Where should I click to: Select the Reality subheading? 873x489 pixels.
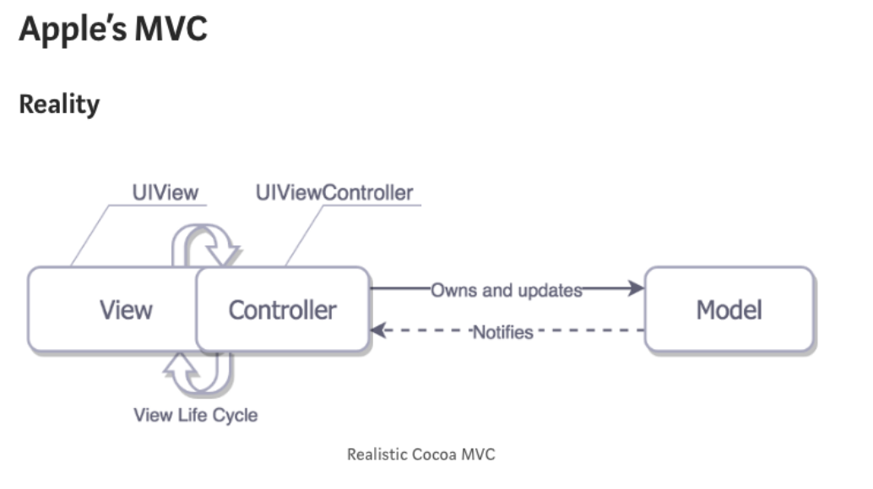59,105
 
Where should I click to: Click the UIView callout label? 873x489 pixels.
165,192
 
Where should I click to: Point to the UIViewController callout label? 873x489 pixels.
334,192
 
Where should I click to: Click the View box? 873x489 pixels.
118,309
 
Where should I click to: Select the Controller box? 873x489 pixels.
283,309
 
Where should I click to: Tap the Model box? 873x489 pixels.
729,309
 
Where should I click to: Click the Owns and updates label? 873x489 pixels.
507,290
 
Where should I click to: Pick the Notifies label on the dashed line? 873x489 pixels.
503,332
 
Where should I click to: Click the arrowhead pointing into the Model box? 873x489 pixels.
636,288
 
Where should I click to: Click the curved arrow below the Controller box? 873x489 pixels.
203,373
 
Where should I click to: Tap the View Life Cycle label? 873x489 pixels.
195,415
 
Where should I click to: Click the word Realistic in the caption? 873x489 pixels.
377,454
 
